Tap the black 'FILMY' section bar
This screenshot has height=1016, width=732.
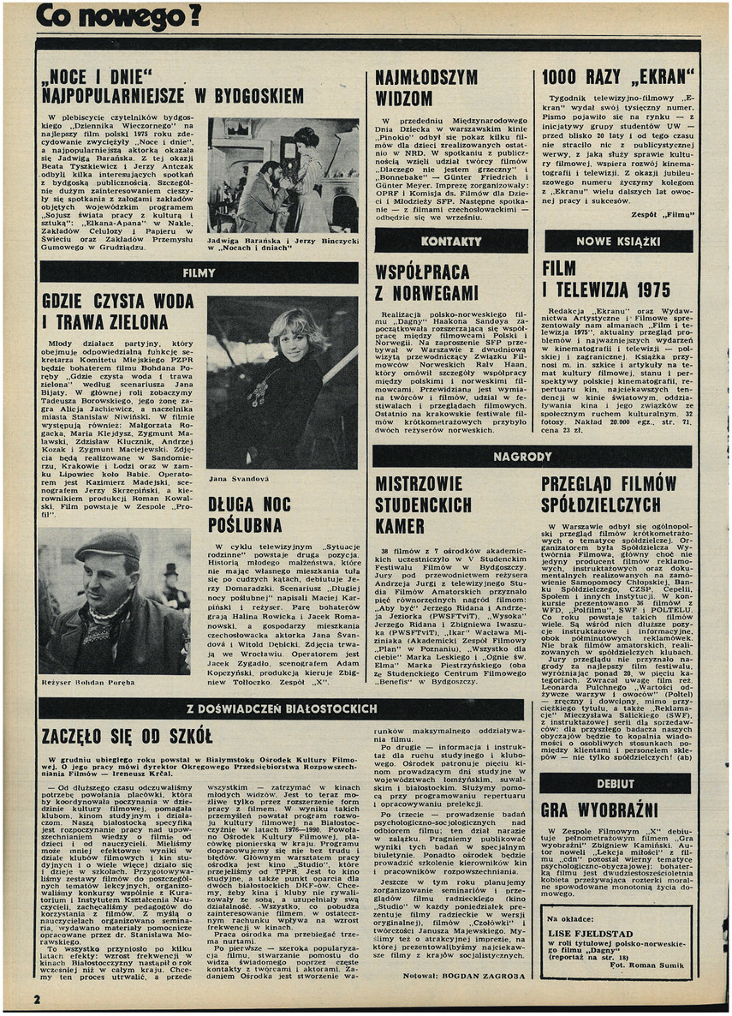199,272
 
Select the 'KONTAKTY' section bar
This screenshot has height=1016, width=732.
451,242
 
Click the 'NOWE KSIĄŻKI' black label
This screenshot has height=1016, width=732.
618,242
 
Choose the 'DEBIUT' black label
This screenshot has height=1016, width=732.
616,783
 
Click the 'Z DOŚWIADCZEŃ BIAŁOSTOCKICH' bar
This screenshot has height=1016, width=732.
282,708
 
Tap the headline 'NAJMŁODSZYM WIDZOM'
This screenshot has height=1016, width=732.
426,87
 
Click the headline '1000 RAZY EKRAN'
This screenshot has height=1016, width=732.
619,77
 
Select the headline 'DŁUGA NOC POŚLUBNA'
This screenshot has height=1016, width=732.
249,512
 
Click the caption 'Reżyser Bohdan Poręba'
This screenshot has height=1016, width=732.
90,682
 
